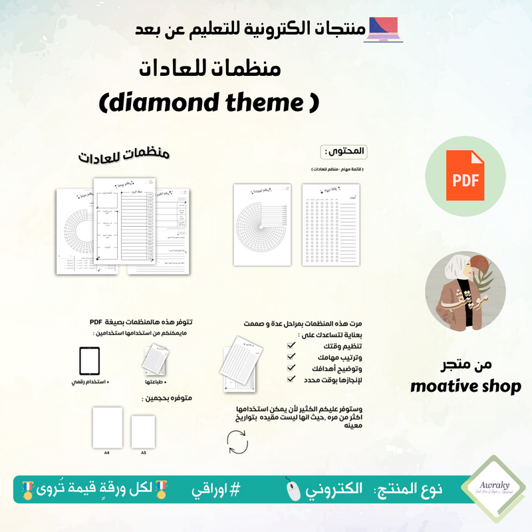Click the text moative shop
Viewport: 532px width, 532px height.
[x=465, y=386]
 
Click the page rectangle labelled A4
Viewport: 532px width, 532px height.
[x=106, y=427]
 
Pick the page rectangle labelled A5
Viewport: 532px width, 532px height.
[x=143, y=431]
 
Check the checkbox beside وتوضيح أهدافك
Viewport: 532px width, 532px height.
[x=291, y=368]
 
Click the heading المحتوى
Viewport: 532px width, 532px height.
[x=345, y=151]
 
